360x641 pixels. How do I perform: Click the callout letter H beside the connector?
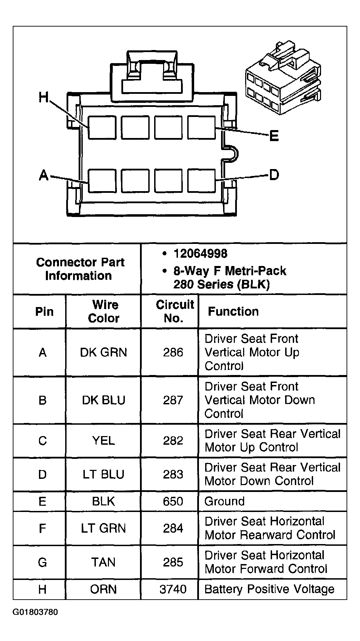tap(43, 97)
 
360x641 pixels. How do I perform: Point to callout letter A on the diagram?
tap(44, 176)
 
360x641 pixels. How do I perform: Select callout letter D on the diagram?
tap(274, 175)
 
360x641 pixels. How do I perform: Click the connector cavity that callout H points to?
tap(102, 128)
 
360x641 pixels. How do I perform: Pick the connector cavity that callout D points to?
tap(201, 180)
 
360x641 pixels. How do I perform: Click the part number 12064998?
tap(200, 254)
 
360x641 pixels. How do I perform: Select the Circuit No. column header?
tap(175, 311)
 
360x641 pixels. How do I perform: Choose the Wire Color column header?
tap(104, 311)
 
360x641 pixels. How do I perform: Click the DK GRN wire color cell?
tap(103, 352)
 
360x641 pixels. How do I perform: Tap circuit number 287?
tap(173, 400)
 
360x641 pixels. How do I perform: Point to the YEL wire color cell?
tap(103, 441)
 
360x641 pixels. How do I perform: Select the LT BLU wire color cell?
tap(103, 474)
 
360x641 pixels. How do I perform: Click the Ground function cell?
tap(224, 501)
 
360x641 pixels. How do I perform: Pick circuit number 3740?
tap(173, 589)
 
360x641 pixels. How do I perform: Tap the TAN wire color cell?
tap(103, 562)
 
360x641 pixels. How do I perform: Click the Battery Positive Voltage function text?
tap(269, 589)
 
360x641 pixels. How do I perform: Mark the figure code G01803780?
tap(36, 612)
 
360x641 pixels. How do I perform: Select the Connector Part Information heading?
tap(80, 269)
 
